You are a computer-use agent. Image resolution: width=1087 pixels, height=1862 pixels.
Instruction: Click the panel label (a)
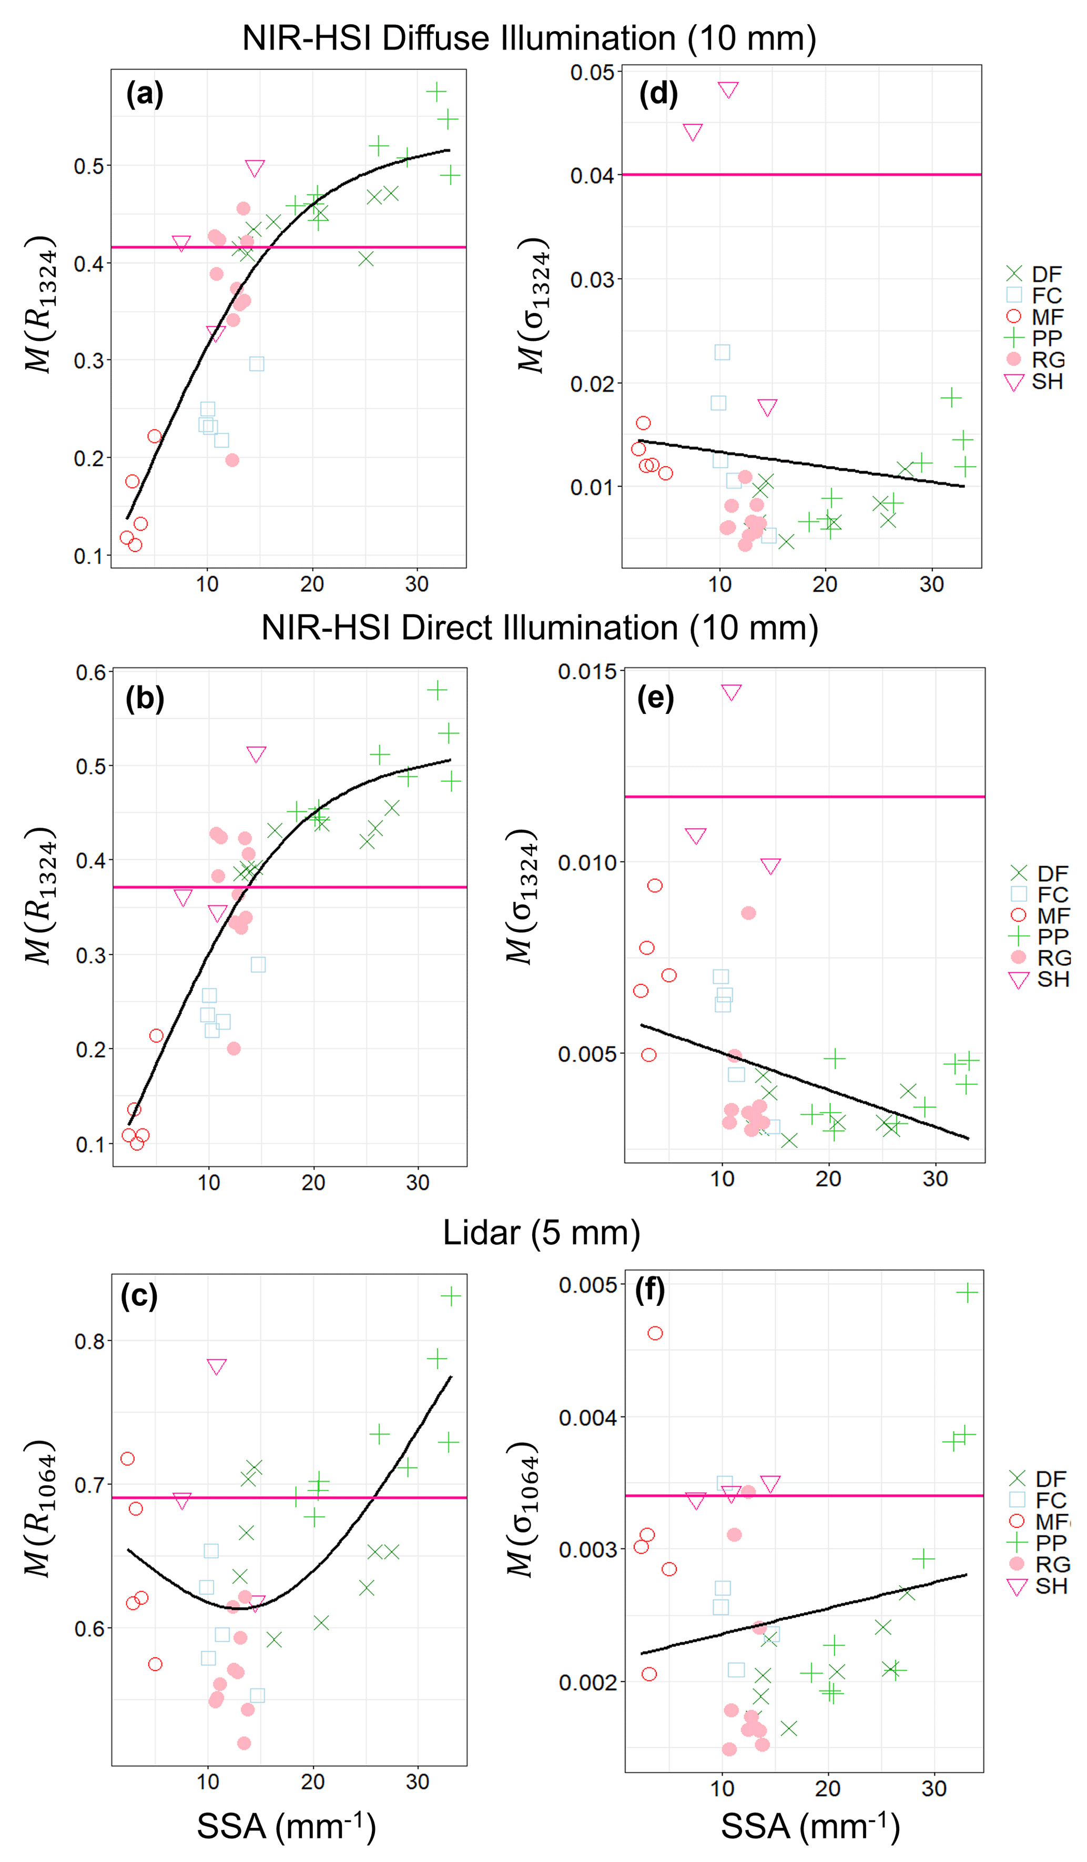[145, 95]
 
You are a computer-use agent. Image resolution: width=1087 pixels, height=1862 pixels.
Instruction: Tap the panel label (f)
[650, 1290]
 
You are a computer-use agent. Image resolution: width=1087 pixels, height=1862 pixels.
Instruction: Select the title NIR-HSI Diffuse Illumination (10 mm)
[529, 38]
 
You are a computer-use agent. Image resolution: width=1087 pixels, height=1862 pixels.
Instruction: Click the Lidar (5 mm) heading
[541, 1232]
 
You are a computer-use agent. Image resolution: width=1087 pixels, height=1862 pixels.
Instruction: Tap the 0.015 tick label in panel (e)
[587, 672]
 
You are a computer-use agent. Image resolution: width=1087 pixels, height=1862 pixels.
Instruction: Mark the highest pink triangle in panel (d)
[728, 89]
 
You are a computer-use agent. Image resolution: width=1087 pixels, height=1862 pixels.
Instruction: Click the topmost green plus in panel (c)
[451, 1295]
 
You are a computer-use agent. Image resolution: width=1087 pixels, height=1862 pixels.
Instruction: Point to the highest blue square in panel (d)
[722, 351]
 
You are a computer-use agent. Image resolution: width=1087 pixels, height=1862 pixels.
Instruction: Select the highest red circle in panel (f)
[655, 1333]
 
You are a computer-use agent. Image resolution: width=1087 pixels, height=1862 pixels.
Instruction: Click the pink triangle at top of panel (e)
[731, 691]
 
